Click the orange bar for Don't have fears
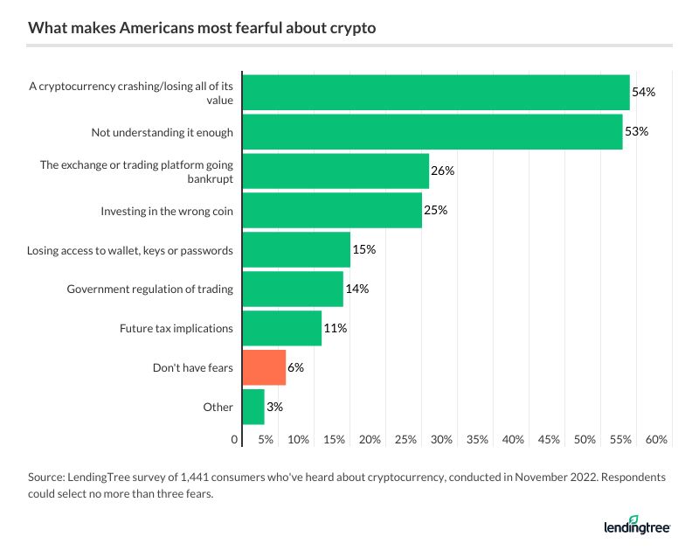pos(264,367)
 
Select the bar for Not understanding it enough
pos(432,132)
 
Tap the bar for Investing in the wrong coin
pos(332,211)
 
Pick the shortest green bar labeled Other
pos(253,407)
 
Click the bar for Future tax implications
pos(281,328)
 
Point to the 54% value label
pos(643,93)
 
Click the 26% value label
pos(442,171)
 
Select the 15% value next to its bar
pos(363,250)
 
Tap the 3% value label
pos(274,407)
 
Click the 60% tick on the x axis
pos(656,439)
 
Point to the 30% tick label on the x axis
pos(441,439)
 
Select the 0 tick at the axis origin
pos(235,439)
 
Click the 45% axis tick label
pos(549,439)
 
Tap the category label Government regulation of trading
pos(149,289)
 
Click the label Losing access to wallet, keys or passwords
pos(129,250)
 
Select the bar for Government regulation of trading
pos(293,289)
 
